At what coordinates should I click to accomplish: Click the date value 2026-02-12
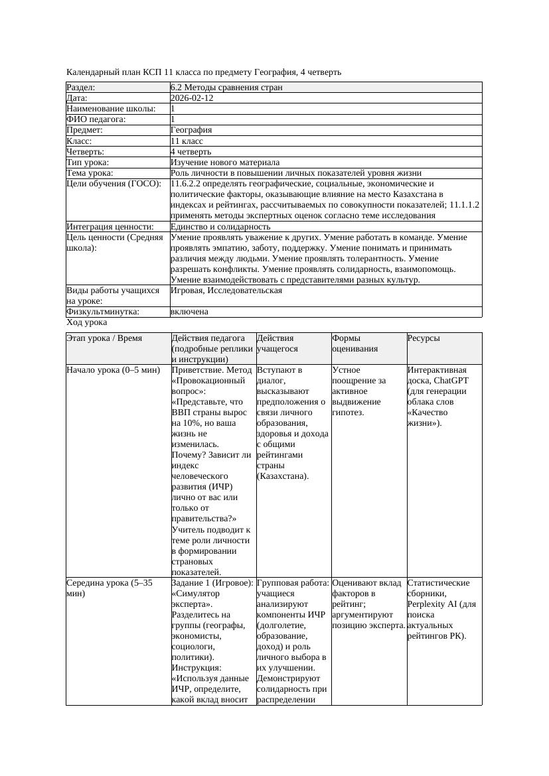pos(192,97)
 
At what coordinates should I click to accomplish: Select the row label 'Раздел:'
pos(81,87)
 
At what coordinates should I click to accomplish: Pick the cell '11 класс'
pos(187,141)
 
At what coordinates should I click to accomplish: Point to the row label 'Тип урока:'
pos(88,162)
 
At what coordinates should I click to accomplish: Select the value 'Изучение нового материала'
pos(225,162)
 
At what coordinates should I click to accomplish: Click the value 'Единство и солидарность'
pos(220,227)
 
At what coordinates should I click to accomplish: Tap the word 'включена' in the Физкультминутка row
pos(189,312)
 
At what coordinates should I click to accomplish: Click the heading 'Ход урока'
pos(87,322)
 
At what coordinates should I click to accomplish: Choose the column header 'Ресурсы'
pos(424,338)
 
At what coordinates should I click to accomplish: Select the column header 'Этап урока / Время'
pos(104,338)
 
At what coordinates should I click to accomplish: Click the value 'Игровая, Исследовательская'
pos(226,291)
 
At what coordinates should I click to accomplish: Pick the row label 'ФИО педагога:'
pos(96,119)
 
